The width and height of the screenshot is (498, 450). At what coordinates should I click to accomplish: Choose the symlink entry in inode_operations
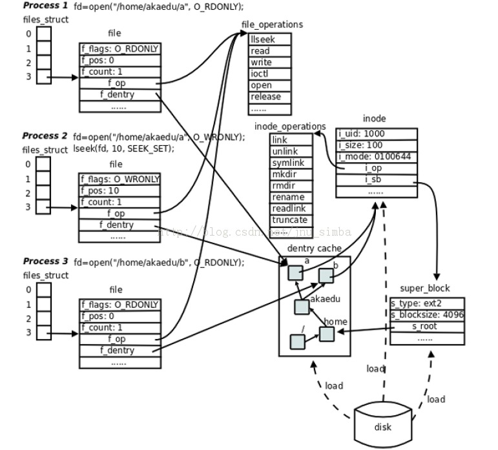click(289, 163)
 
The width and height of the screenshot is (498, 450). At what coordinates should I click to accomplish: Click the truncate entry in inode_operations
click(289, 220)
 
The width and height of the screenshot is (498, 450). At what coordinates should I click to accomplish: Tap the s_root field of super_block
click(427, 327)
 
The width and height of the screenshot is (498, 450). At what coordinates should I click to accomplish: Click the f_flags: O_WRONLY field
click(120, 178)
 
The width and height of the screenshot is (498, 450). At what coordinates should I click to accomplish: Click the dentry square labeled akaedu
click(302, 307)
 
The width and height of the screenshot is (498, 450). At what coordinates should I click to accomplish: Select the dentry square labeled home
click(327, 334)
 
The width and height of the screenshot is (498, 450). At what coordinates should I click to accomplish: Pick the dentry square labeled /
click(297, 342)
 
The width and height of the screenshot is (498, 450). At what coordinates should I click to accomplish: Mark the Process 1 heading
click(45, 5)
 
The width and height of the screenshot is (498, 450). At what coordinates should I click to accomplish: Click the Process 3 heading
click(45, 261)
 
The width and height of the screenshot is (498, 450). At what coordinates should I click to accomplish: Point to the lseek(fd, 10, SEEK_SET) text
click(124, 148)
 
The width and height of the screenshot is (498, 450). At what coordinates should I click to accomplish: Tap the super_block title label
click(425, 288)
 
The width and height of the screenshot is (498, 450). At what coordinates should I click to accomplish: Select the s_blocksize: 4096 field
click(427, 315)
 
